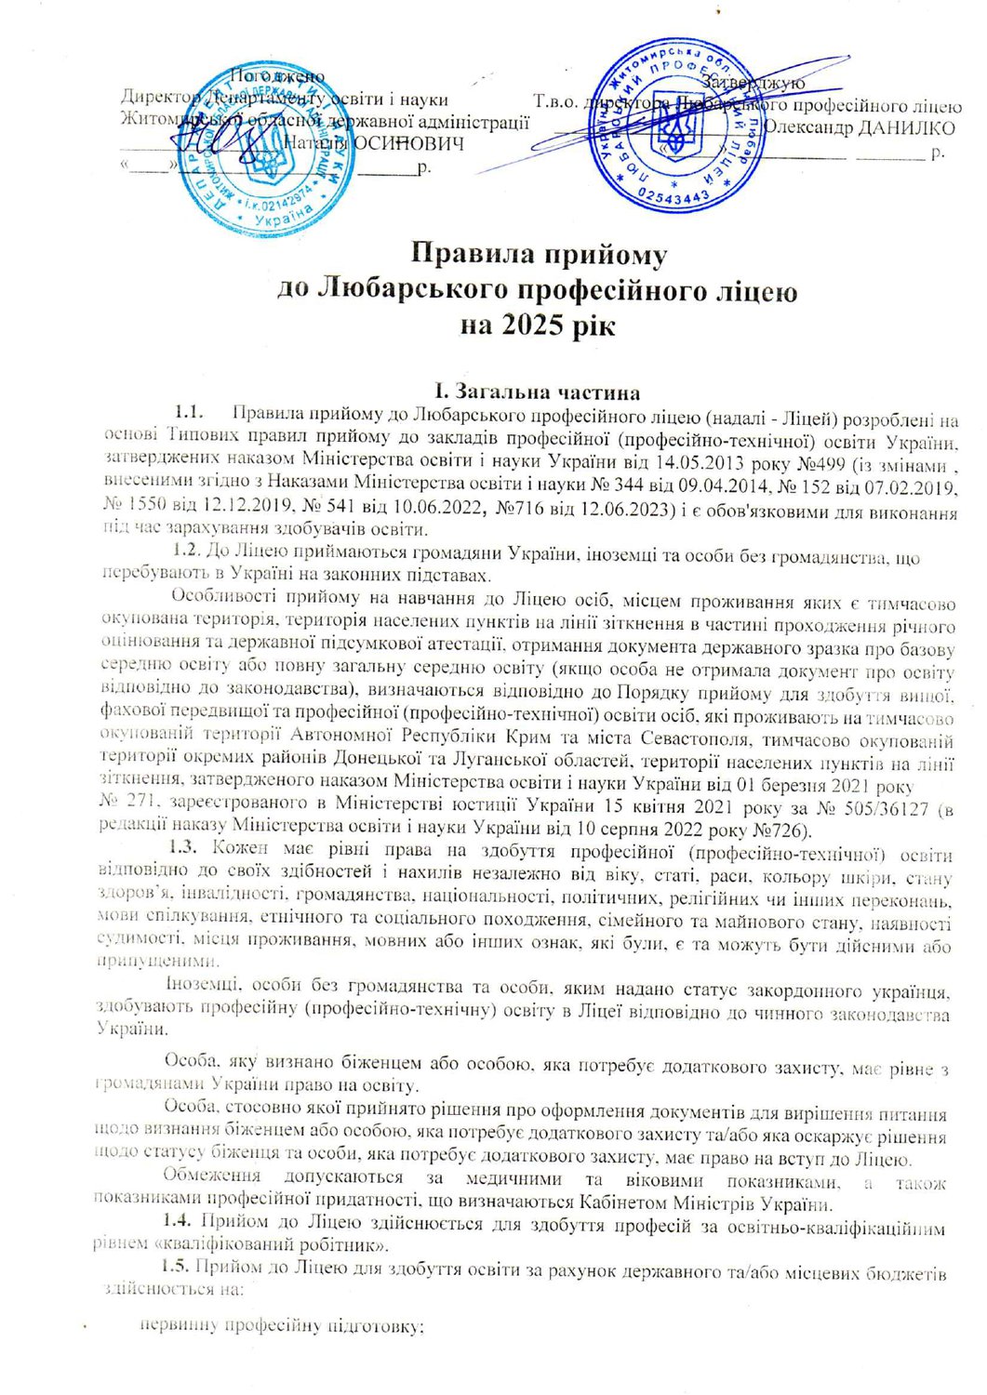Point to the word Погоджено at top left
coord(277,76)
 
